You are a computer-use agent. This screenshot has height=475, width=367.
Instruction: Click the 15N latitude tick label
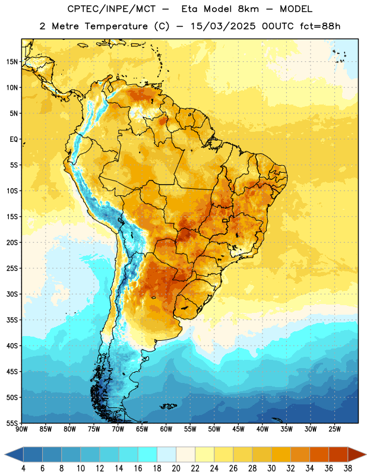(12, 62)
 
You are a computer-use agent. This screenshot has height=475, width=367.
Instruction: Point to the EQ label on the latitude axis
(14, 140)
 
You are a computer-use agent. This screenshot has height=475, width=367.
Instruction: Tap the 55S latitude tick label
(12, 423)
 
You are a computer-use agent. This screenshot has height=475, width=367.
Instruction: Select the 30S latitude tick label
(12, 294)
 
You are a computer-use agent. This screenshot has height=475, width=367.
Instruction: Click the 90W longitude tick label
(21, 429)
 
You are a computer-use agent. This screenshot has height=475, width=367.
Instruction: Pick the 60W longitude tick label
(166, 429)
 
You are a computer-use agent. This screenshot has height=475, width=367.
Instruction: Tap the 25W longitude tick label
(334, 429)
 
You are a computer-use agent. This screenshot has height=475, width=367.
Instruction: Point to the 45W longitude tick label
(238, 429)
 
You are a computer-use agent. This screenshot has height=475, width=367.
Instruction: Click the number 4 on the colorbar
(23, 468)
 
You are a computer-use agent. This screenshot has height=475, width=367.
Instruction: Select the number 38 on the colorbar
(348, 468)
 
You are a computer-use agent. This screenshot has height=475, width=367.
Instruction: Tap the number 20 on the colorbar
(176, 468)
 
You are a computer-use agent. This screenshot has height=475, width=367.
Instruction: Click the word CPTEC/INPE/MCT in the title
(111, 9)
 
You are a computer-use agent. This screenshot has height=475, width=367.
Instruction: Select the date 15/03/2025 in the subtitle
(223, 26)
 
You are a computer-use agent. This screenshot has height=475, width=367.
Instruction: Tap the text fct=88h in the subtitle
(320, 26)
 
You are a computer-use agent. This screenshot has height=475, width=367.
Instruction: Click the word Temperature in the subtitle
(116, 27)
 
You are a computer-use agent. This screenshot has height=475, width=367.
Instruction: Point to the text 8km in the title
(248, 9)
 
